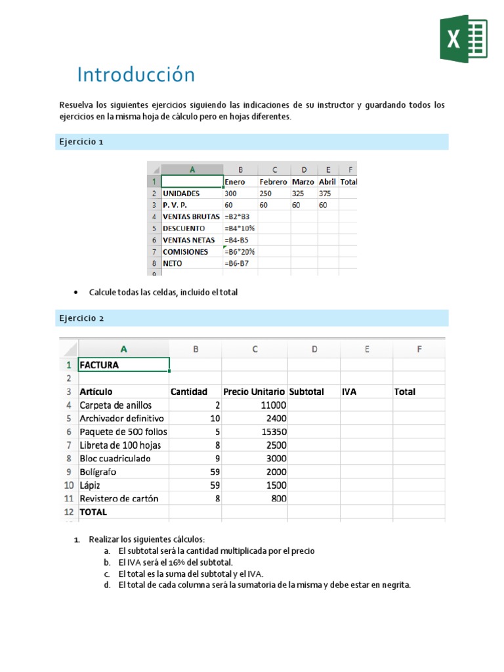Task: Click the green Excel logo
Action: click(463, 39)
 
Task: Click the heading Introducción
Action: click(136, 75)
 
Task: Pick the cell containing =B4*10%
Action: click(240, 228)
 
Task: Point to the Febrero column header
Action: click(273, 182)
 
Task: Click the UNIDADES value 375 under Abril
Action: click(325, 194)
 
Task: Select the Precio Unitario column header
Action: click(253, 392)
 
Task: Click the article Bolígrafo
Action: click(99, 471)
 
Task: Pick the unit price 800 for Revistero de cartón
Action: click(278, 498)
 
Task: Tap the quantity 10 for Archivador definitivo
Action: click(215, 418)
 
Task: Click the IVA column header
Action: click(349, 392)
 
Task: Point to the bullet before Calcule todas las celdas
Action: click(77, 293)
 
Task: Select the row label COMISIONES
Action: click(185, 252)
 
